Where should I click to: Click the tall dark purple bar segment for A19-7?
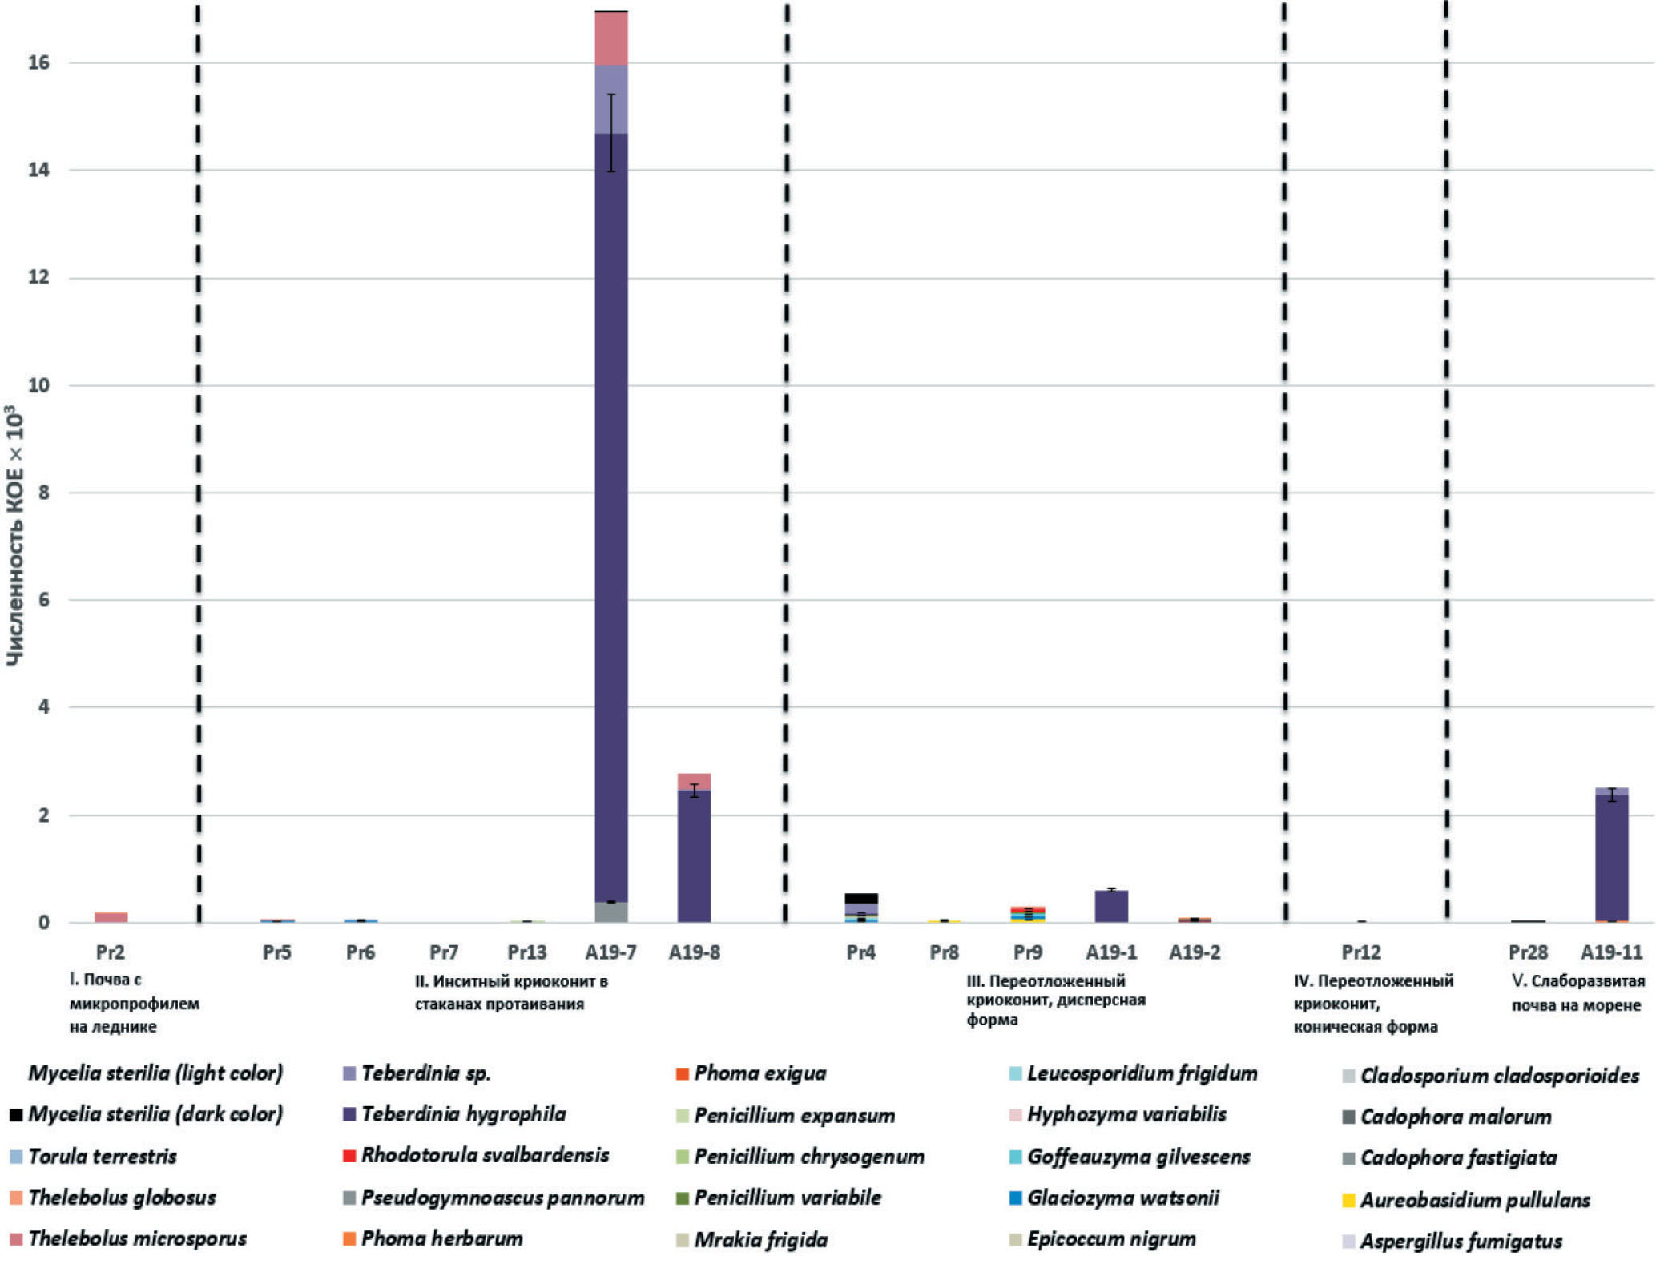pyautogui.click(x=611, y=521)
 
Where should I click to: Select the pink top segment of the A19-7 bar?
pyautogui.click(x=611, y=38)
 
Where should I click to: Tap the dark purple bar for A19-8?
pyautogui.click(x=694, y=857)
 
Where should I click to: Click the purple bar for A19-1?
pyautogui.click(x=1111, y=907)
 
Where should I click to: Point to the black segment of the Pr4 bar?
pyautogui.click(x=861, y=898)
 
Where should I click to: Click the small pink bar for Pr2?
pyautogui.click(x=111, y=917)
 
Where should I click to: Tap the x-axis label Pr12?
pyautogui.click(x=1361, y=952)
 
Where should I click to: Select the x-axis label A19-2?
pyautogui.click(x=1194, y=952)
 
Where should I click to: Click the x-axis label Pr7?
pyautogui.click(x=444, y=952)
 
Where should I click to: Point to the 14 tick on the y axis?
pyautogui.click(x=38, y=170)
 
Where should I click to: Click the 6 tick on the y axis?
pyautogui.click(x=43, y=600)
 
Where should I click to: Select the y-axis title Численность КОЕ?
pyautogui.click(x=14, y=537)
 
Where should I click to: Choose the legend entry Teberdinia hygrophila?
pyautogui.click(x=463, y=1114)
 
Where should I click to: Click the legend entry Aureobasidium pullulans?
pyautogui.click(x=1474, y=1200)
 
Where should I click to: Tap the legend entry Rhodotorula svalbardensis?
pyautogui.click(x=485, y=1155)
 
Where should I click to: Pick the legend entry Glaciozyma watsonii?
pyautogui.click(x=1122, y=1198)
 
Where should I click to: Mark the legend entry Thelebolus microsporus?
pyautogui.click(x=137, y=1239)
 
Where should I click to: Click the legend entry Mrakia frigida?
pyautogui.click(x=760, y=1240)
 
